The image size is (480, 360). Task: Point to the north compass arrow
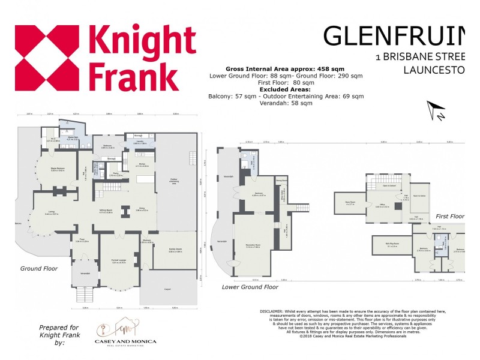pos(436,110)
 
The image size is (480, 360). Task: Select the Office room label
pos(382,206)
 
